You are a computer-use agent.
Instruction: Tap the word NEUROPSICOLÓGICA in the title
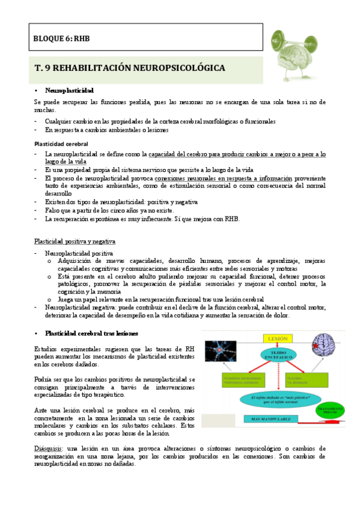tap(181, 69)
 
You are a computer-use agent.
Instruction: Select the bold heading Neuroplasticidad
tap(69, 90)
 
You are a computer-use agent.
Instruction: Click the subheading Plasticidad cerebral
tap(62, 144)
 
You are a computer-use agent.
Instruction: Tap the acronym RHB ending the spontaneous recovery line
tap(231, 219)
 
